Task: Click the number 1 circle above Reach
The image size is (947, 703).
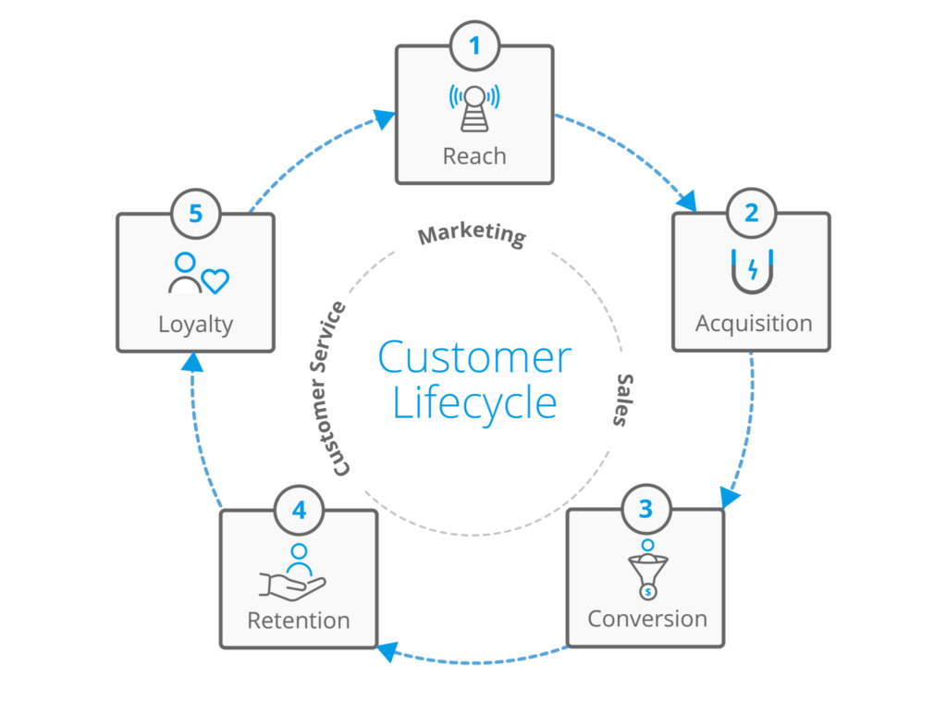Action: pos(474,44)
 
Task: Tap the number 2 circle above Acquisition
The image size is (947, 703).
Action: pos(751,213)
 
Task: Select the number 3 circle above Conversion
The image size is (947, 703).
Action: pos(646,507)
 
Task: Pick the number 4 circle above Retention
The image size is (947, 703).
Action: pos(299,509)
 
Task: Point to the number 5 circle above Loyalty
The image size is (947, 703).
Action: pos(195,214)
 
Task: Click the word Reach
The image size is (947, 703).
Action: pos(474,156)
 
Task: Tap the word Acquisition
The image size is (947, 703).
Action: pos(753,324)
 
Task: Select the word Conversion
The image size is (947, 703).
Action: pos(646,618)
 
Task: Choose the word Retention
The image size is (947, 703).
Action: pos(299,620)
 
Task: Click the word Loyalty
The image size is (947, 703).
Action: pos(195,325)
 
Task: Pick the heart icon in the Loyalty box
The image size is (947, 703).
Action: pos(215,280)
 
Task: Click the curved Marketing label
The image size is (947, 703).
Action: pos(472,235)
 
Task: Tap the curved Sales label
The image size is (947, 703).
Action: pos(625,400)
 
